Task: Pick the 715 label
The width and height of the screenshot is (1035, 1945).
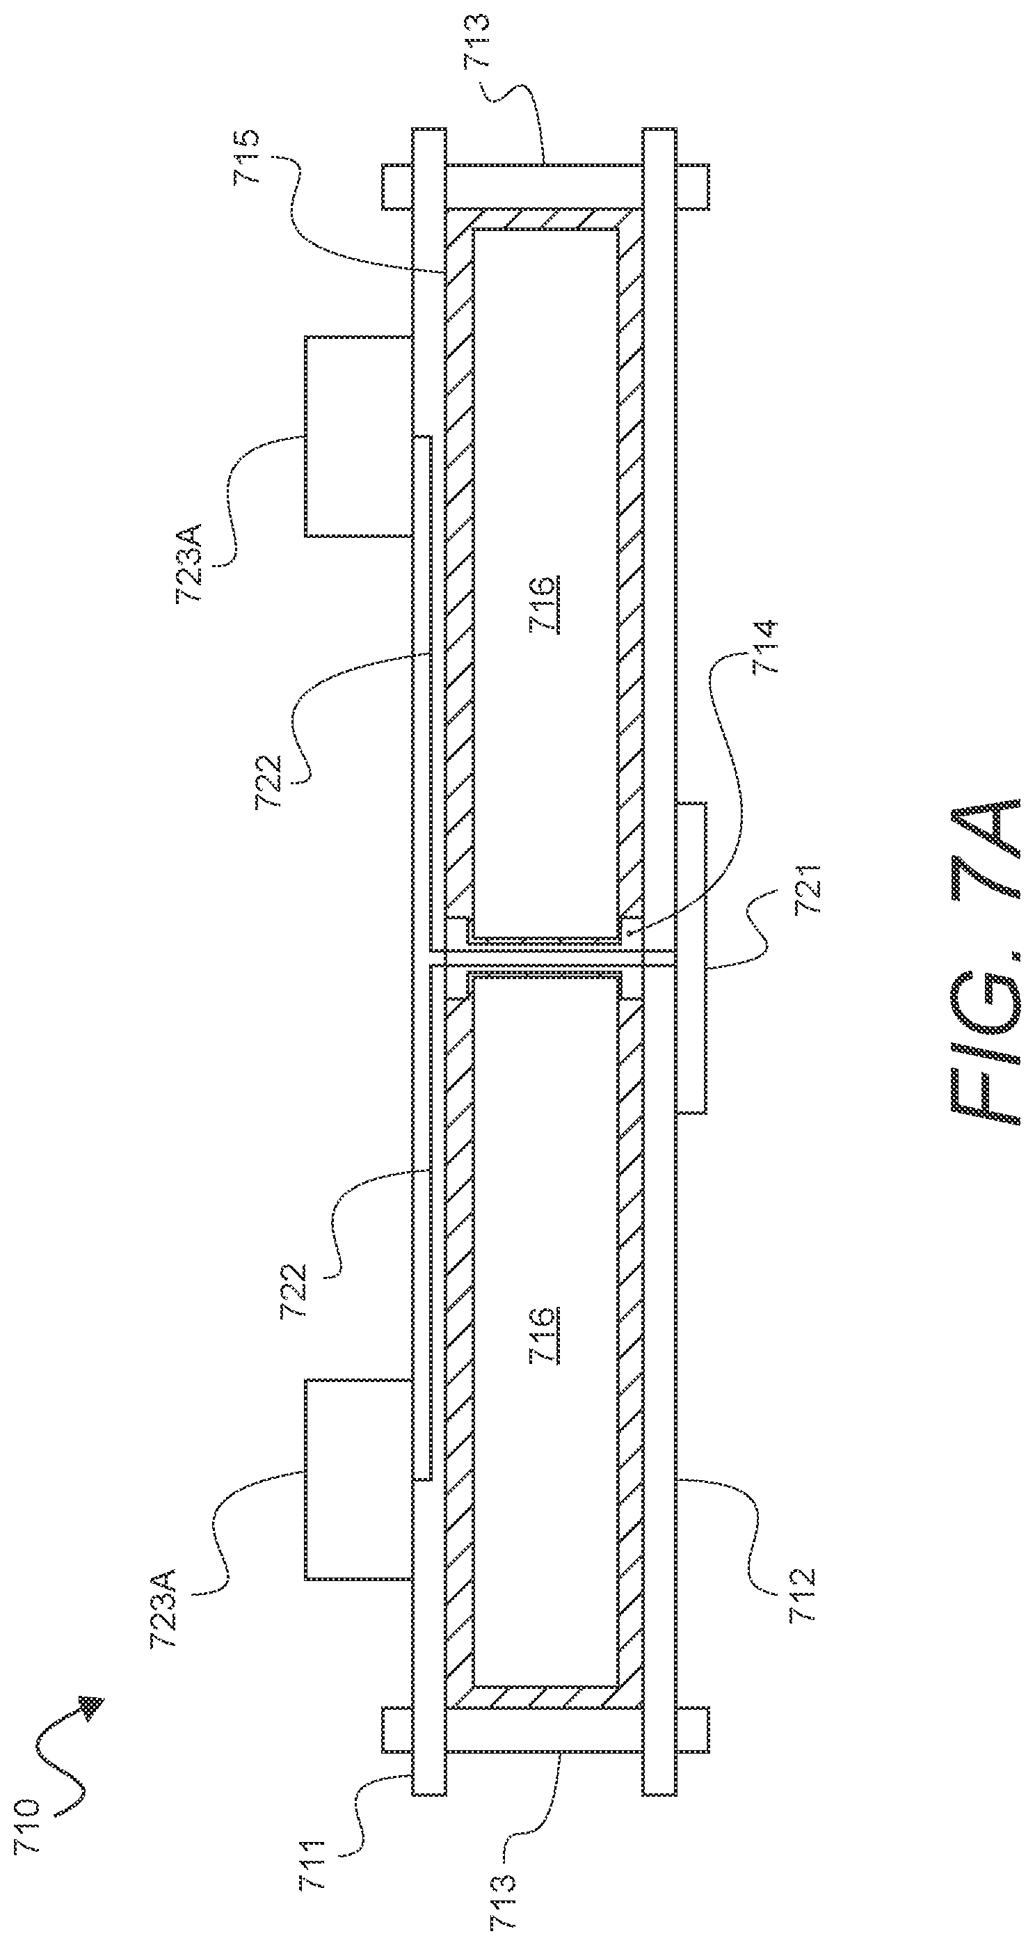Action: tap(247, 157)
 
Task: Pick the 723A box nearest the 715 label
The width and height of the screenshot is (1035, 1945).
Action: tap(359, 436)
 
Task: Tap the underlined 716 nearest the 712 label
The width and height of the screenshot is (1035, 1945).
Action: tap(545, 1335)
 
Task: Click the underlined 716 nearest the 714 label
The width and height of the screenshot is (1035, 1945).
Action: tap(545, 604)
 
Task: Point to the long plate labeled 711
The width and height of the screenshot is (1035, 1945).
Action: tap(428, 960)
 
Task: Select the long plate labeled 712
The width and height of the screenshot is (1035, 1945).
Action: tap(660, 960)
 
